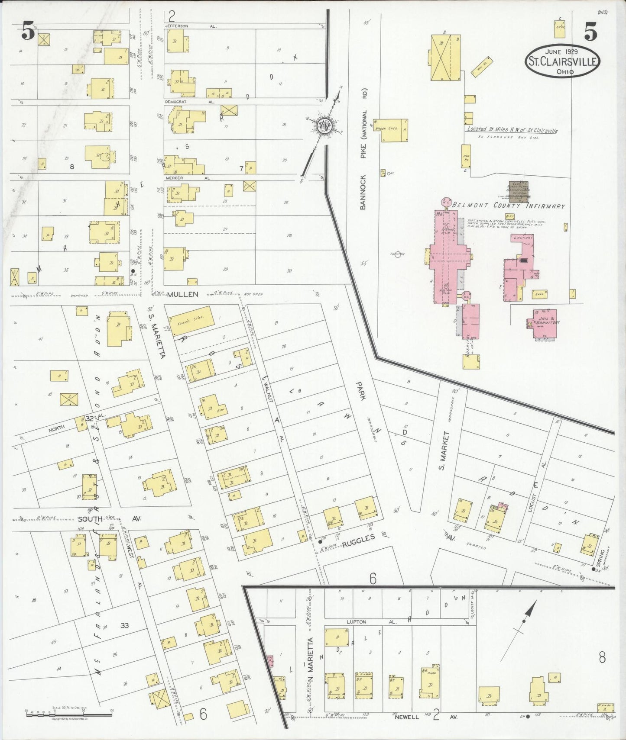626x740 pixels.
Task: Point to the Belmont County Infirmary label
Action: [x=508, y=206]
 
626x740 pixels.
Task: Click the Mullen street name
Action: [x=184, y=294]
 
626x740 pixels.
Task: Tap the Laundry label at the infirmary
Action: [x=522, y=238]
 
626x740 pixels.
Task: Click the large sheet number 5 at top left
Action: [x=28, y=32]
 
